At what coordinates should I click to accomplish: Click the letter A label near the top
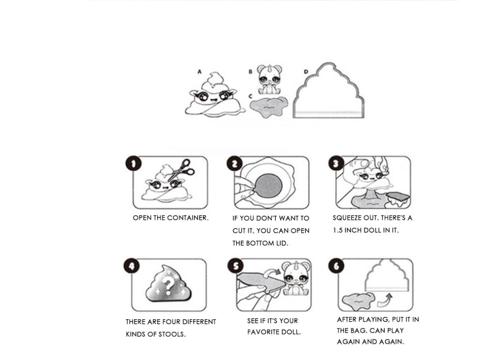click(x=199, y=72)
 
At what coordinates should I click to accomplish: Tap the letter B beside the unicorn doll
click(x=250, y=72)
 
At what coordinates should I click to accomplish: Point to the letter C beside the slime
click(x=250, y=96)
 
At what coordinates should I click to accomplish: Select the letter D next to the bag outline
click(x=306, y=72)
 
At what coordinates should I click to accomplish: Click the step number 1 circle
click(x=133, y=164)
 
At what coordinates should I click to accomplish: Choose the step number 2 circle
click(x=235, y=164)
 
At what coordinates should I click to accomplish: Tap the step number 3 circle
click(x=336, y=164)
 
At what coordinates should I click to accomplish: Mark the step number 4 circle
click(x=131, y=266)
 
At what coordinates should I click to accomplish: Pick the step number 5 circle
click(x=235, y=266)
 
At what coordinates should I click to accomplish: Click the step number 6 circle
click(x=336, y=266)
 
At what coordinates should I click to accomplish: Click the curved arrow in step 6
click(x=385, y=300)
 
